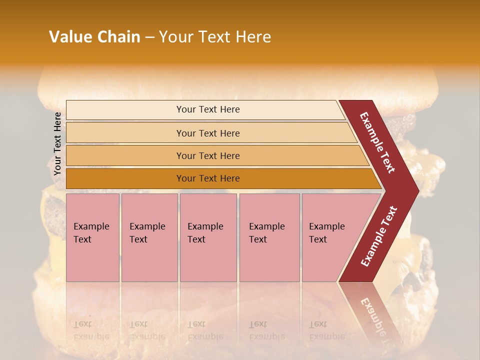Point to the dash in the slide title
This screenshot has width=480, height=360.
149,37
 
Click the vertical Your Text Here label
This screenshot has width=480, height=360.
57,143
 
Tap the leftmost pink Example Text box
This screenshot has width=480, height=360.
92,237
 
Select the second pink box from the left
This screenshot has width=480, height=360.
149,237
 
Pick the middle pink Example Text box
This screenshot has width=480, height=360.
208,237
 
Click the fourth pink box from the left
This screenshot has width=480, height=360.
269,237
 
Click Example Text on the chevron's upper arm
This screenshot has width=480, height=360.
378,142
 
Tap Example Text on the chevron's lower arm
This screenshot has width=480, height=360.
379,236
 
